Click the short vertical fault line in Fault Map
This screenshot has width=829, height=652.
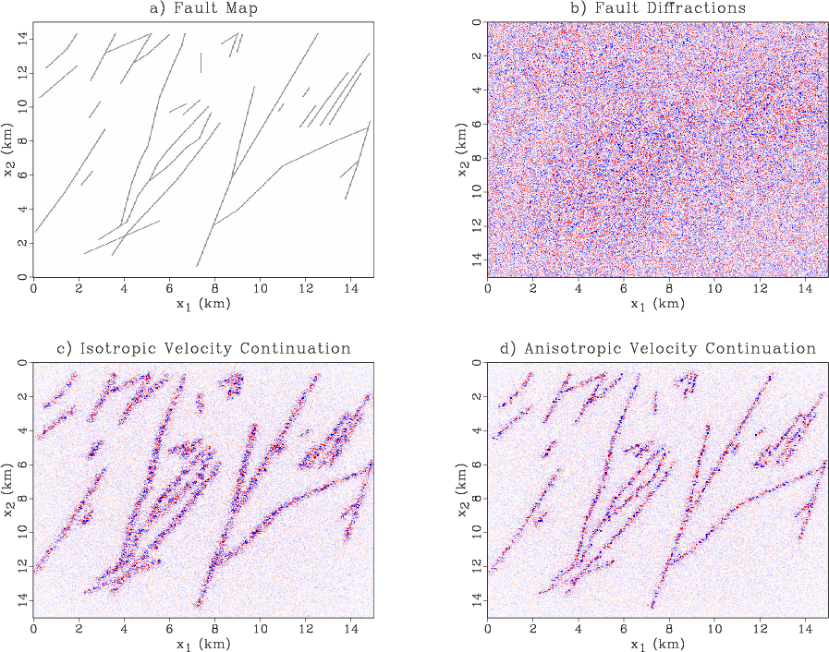coord(201,63)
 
